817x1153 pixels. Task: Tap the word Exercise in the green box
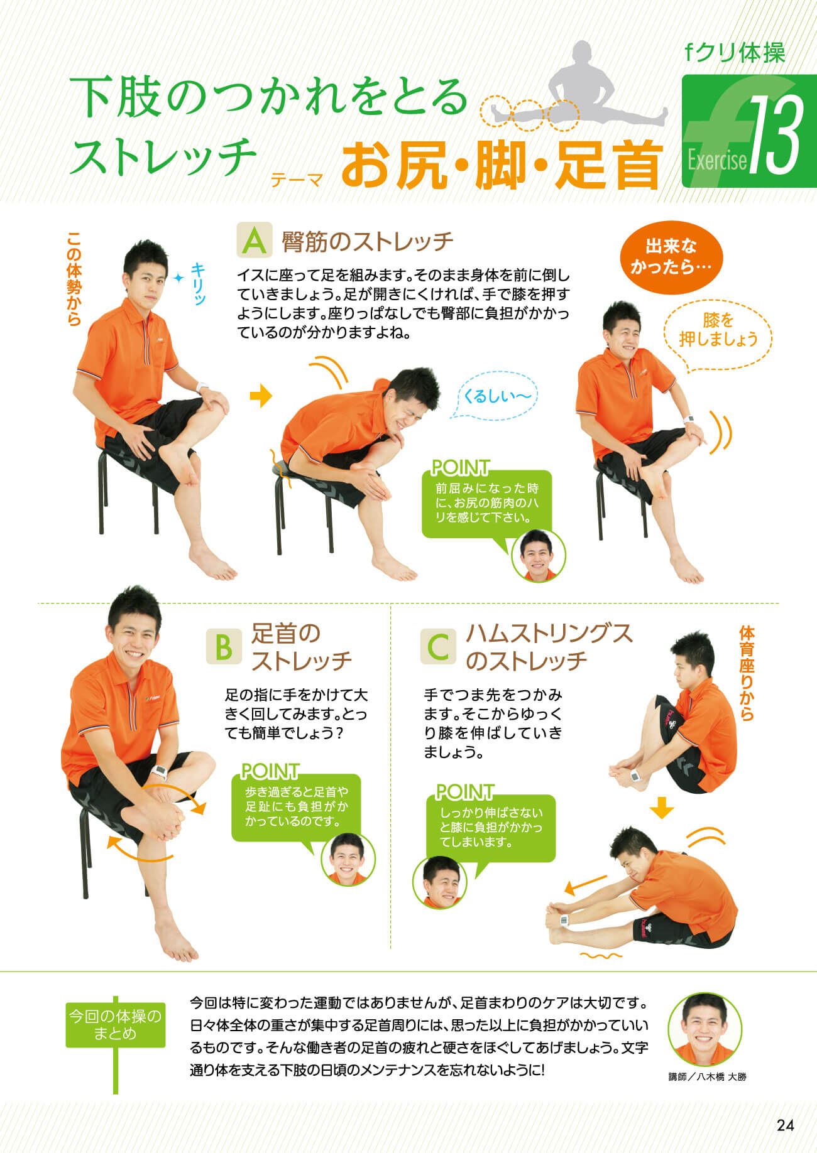coord(717,161)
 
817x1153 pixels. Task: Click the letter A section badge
coord(255,241)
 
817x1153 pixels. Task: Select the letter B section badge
coord(224,646)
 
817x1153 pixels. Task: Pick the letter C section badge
coord(438,646)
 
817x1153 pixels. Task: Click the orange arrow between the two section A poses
coord(261,396)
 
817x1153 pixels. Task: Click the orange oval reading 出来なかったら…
coord(671,257)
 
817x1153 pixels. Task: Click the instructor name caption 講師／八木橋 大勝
coord(708,1077)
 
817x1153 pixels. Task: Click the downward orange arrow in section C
coord(661,808)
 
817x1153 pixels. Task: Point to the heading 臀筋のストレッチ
coord(368,241)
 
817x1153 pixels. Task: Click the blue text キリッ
coord(199,283)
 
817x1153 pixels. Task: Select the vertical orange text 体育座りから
coord(747,673)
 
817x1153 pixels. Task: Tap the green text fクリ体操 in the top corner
coord(735,53)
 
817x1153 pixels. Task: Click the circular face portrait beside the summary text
coord(705,1029)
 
